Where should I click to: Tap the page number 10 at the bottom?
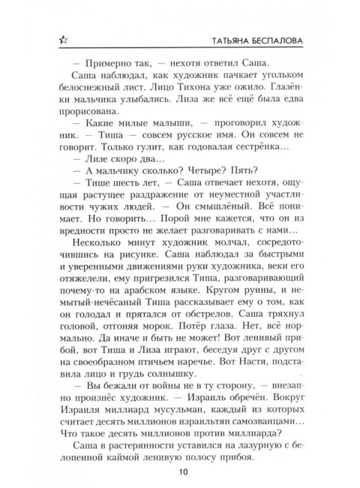click(x=181, y=471)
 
